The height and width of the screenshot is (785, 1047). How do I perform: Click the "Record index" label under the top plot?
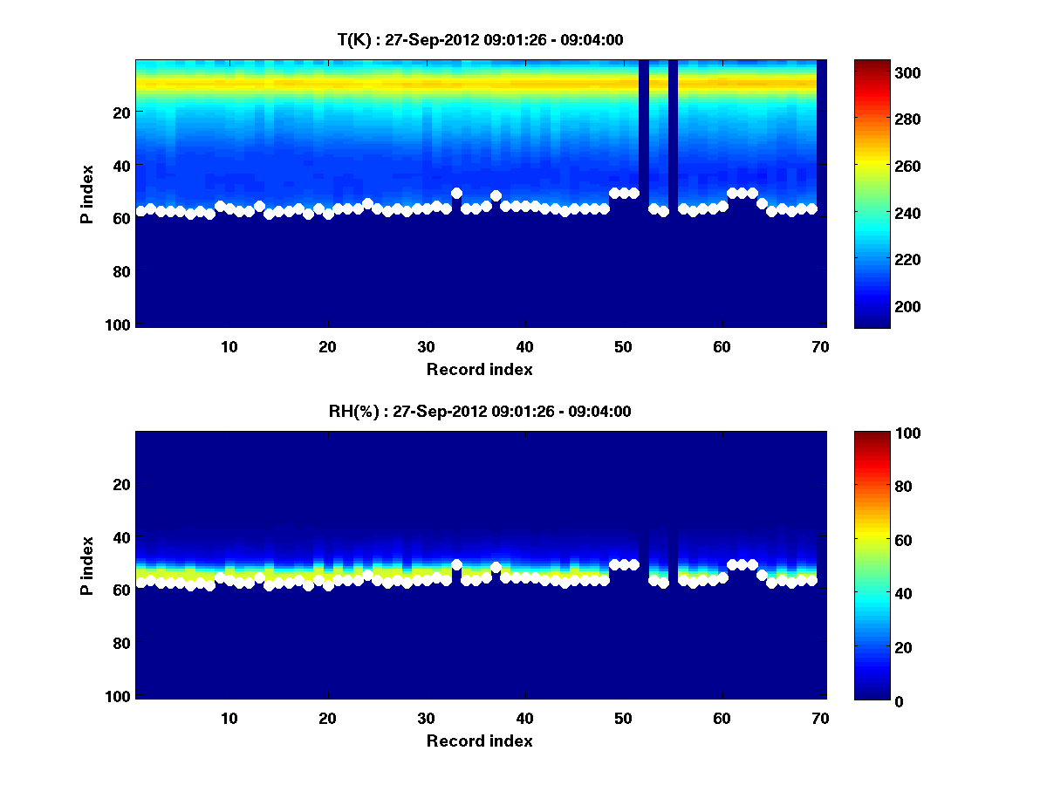(479, 369)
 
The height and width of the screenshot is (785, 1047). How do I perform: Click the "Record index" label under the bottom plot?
(479, 741)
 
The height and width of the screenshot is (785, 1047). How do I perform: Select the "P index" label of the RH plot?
(87, 565)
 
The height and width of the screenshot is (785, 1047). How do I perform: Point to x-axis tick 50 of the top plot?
(623, 346)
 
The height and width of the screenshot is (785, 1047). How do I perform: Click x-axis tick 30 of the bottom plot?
(426, 718)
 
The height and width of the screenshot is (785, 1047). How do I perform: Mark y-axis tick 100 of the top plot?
(120, 324)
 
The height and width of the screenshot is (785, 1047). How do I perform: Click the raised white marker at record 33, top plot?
(456, 193)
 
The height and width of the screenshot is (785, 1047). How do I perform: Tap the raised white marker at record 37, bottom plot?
(496, 568)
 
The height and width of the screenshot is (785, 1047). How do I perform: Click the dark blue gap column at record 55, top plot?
(673, 131)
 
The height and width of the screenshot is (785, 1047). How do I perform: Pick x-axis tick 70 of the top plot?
(820, 346)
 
